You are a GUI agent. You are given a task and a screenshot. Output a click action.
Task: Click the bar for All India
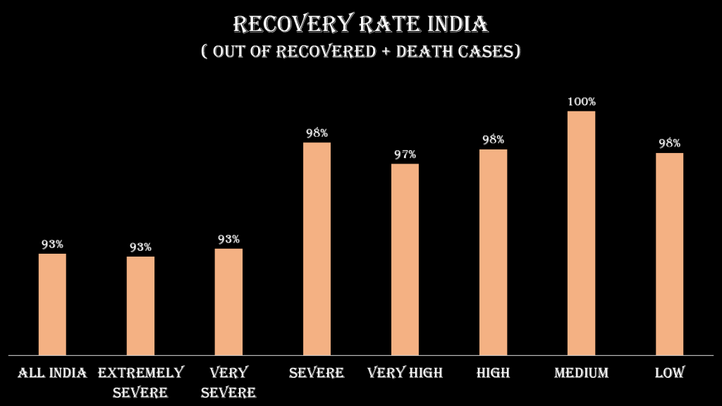(x=52, y=304)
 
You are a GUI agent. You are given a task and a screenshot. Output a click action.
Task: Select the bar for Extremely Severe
(x=140, y=305)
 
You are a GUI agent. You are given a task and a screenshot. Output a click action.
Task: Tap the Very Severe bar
(x=228, y=301)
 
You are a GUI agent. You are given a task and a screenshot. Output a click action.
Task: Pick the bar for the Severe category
(x=317, y=248)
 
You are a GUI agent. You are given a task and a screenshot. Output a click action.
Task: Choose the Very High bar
(x=405, y=259)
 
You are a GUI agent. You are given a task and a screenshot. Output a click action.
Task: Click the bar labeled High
(x=493, y=252)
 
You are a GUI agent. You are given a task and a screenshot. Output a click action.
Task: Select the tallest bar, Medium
(x=581, y=233)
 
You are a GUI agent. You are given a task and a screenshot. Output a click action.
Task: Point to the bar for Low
(x=669, y=254)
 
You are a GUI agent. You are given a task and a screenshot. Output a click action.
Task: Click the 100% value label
(x=582, y=101)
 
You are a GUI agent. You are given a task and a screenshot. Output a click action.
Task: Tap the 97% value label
(x=405, y=154)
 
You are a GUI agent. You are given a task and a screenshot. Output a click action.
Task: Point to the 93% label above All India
(x=52, y=245)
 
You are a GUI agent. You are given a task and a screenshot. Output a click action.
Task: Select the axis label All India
(x=52, y=373)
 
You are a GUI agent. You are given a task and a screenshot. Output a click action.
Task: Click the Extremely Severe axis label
(x=140, y=382)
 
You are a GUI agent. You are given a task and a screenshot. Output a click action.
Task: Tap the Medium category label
(x=581, y=373)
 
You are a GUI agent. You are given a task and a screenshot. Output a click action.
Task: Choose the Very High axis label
(x=405, y=373)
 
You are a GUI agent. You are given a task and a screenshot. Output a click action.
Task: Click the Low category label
(x=669, y=373)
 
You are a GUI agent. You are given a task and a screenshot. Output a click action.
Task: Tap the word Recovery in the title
(x=288, y=24)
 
